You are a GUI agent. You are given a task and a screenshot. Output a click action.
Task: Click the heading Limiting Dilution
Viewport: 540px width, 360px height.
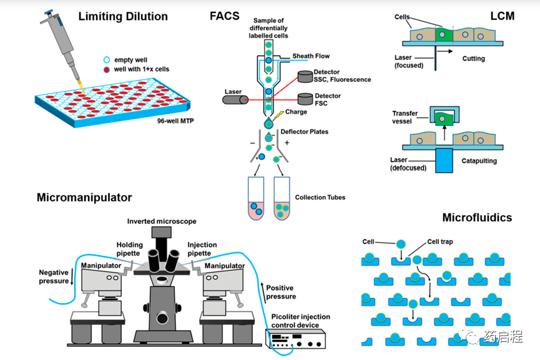click(123, 16)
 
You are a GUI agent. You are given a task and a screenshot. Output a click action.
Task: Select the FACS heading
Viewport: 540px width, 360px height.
click(224, 16)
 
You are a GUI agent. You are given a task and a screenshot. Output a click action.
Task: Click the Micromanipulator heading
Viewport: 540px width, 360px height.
click(84, 198)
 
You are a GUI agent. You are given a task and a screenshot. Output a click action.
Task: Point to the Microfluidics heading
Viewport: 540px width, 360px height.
click(477, 218)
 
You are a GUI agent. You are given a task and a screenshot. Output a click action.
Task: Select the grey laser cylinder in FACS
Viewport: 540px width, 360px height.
click(235, 99)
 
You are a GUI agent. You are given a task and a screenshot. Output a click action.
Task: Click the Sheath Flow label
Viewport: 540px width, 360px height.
click(312, 56)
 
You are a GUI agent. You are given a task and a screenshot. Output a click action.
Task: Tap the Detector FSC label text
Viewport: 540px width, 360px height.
click(328, 99)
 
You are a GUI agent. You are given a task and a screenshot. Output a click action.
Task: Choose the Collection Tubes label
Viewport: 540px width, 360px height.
click(320, 198)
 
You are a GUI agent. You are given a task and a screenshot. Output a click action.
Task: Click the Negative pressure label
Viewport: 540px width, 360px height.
click(54, 276)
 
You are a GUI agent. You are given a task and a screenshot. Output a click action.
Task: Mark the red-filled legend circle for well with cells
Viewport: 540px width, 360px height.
click(107, 69)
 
